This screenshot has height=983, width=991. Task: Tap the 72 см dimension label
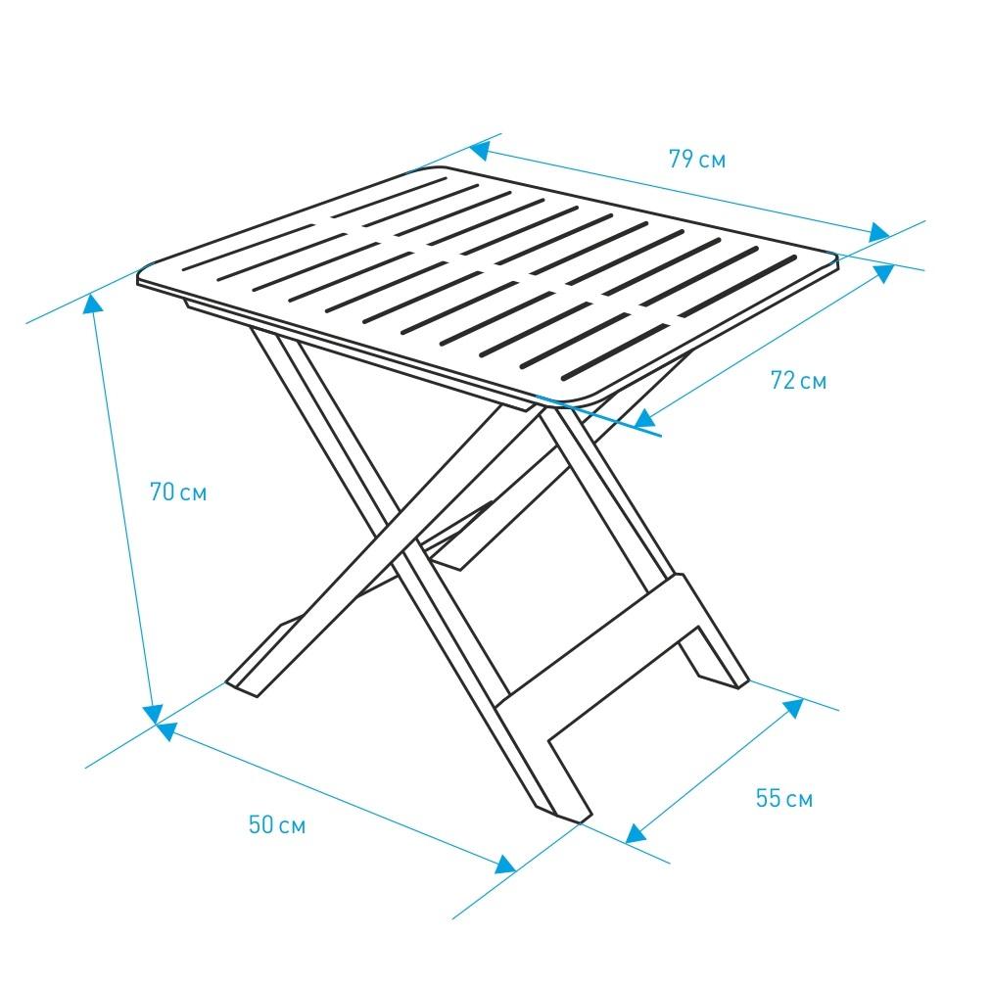(x=798, y=380)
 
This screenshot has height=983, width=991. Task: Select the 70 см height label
(x=178, y=491)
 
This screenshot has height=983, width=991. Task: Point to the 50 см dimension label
(x=277, y=824)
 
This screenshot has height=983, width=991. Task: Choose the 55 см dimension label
(x=783, y=798)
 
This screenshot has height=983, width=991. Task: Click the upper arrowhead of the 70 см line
(x=94, y=304)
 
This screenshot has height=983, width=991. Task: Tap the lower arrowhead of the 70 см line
(x=153, y=714)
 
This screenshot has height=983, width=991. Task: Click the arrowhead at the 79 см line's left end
(x=479, y=150)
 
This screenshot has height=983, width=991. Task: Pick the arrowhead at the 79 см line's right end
(x=879, y=232)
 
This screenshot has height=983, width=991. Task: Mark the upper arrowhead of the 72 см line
(x=885, y=272)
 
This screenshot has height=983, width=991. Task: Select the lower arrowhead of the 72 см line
(x=644, y=419)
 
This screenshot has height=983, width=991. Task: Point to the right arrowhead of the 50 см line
(x=505, y=865)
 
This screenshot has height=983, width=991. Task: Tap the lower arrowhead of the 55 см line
(x=636, y=834)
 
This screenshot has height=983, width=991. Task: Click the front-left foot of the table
(x=242, y=688)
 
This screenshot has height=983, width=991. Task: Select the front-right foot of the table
(x=564, y=814)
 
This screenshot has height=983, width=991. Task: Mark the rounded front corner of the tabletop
(x=572, y=399)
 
